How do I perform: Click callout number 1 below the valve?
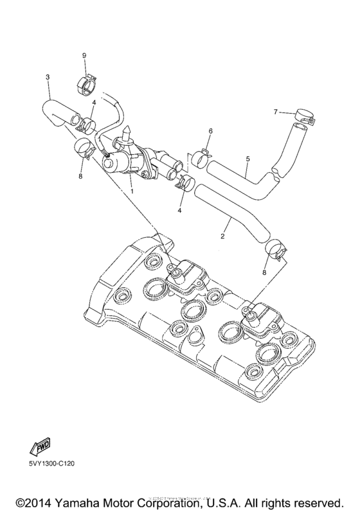click(132, 191)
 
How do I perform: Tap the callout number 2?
click(222, 236)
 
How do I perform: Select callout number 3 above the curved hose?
click(48, 78)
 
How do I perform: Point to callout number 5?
click(247, 157)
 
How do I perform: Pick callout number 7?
click(274, 112)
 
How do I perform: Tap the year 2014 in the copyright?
click(35, 499)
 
